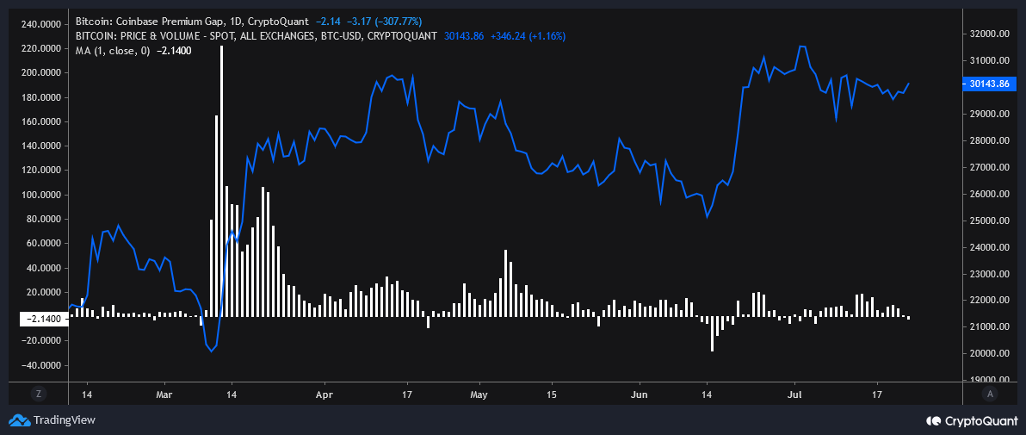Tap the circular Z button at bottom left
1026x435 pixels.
click(x=38, y=394)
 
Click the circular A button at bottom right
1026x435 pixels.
click(x=990, y=394)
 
